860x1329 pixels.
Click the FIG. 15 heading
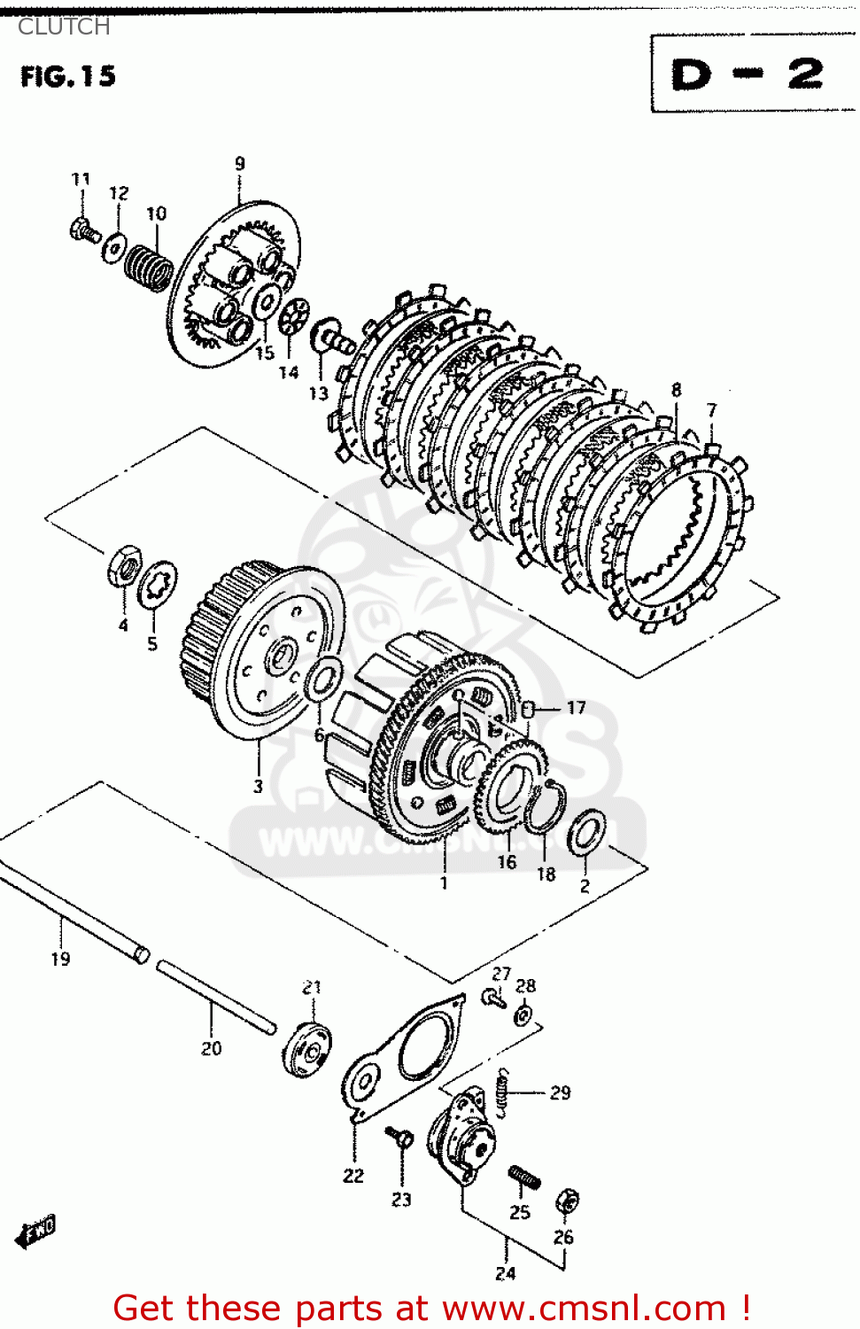[x=68, y=76]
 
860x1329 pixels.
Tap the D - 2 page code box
[x=749, y=74]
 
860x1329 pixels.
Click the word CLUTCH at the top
[x=64, y=27]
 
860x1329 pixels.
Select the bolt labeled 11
[x=83, y=230]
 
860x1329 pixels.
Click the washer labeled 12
[x=115, y=247]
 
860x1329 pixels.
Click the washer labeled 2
[x=586, y=832]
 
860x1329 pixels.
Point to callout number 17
[x=576, y=707]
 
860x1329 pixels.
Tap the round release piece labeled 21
[x=307, y=1050]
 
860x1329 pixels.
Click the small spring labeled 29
[x=502, y=1092]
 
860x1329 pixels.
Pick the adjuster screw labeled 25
[x=524, y=1177]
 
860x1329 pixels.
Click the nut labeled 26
[x=567, y=1202]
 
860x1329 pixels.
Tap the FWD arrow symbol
[x=36, y=1232]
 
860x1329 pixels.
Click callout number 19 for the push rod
[x=60, y=959]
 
